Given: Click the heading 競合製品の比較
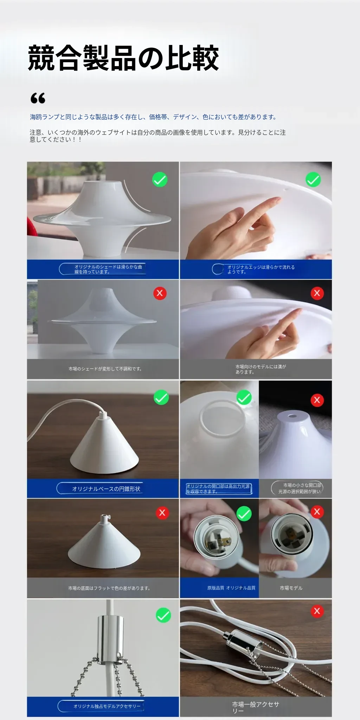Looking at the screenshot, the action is tap(123, 58).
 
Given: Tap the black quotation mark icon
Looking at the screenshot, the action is tap(38, 98).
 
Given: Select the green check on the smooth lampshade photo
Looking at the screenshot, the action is tap(160, 180).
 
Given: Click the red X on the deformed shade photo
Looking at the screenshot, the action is tap(160, 293).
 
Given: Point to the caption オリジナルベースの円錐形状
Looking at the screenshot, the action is tap(106, 489).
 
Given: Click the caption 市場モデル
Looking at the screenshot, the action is tap(291, 588).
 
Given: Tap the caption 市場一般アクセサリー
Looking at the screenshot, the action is tap(256, 707).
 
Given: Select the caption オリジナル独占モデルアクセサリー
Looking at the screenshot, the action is tap(107, 706).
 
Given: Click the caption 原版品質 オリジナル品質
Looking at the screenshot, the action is tap(231, 588).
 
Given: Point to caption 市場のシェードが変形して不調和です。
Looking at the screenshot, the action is tap(105, 369).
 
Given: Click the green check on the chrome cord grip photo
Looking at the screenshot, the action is tap(163, 615).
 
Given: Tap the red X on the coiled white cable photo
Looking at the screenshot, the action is tap(317, 611).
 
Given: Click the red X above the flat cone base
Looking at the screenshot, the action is tap(162, 513).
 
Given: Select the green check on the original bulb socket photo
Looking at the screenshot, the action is tap(244, 514).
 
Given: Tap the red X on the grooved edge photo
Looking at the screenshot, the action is tap(317, 293).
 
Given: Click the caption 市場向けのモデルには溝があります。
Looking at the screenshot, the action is tap(261, 369).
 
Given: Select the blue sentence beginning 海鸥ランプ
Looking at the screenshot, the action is tap(153, 117).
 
